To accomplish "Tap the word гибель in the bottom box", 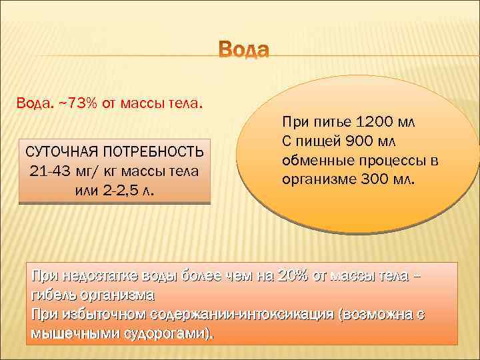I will (53, 295).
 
